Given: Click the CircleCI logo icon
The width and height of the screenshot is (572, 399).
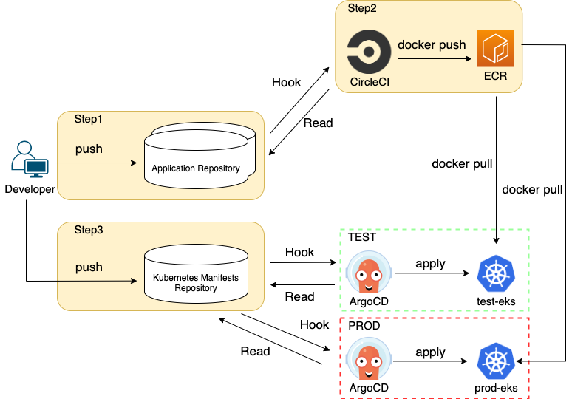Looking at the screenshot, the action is tap(369, 52).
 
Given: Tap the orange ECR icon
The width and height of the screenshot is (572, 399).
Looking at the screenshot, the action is tap(495, 49).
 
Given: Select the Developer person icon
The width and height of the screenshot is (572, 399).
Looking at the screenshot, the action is tap(30, 160).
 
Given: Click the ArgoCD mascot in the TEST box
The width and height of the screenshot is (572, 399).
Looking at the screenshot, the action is tap(369, 273).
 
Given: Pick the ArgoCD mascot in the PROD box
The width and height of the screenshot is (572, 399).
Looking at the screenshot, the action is tap(369, 360).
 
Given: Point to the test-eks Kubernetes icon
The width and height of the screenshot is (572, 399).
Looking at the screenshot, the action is tap(496, 274).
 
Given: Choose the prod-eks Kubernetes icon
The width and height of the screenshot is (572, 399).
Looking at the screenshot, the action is tap(496, 361).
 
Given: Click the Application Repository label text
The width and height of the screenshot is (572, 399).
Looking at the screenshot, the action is tap(196, 168).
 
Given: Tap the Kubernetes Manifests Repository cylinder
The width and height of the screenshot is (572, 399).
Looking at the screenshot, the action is tap(197, 274).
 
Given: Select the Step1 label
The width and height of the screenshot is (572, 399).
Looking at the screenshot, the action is tap(88, 119).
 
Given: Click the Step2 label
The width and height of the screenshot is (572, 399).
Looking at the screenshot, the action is tap(362, 8).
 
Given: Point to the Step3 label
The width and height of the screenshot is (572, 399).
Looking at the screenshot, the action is tap(89, 230).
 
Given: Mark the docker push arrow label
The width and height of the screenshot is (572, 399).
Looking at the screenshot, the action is tap(432, 45).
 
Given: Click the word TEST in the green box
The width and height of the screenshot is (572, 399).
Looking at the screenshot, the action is tap(362, 237).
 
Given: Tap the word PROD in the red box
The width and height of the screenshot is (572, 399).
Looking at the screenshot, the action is tap(364, 325).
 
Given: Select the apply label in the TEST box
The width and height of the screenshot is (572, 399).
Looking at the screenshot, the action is tap(430, 264).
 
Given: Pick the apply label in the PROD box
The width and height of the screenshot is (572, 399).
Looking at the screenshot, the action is tap(430, 352).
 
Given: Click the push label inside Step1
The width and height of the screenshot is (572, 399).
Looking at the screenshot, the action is tap(89, 149).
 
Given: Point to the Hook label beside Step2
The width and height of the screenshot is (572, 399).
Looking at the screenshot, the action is tap(286, 83).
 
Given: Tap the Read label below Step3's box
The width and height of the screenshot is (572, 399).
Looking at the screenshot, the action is tap(256, 351).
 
